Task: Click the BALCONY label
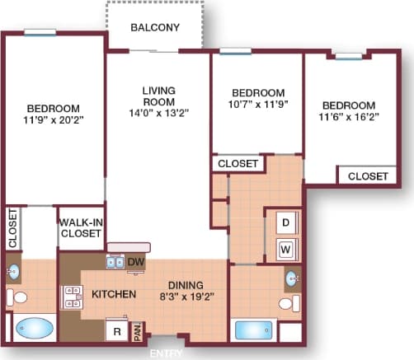tap(155, 27)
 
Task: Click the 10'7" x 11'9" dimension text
tap(257, 105)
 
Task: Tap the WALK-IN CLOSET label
tap(80, 228)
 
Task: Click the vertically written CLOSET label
tap(12, 228)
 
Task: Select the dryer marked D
tap(285, 222)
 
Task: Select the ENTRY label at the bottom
tap(166, 353)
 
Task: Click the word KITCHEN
tap(114, 294)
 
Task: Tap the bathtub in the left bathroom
tap(33, 329)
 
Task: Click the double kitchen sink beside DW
tap(114, 262)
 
